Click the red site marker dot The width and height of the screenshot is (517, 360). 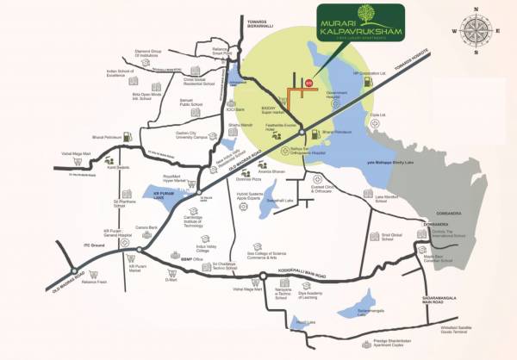308,83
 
